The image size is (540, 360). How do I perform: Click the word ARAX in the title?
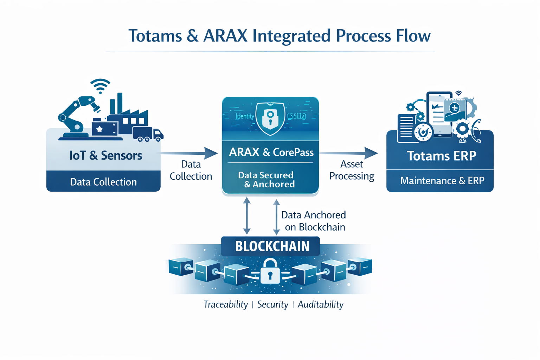tap(225, 36)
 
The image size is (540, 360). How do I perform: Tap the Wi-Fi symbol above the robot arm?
tap(100, 86)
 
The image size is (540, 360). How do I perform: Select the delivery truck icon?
tap(148, 134)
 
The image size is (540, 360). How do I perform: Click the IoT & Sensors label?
tap(105, 155)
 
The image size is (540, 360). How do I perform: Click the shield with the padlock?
tap(270, 118)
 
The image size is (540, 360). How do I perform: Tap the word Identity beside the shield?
tap(245, 116)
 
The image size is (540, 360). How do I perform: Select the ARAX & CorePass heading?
tap(271, 152)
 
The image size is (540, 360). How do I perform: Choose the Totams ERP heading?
tap(442, 156)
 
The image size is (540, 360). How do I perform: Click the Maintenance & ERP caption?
tap(442, 181)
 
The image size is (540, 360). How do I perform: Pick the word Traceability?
tap(226, 304)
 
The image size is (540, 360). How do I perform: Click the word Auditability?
tap(320, 304)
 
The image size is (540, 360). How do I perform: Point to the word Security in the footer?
tap(272, 304)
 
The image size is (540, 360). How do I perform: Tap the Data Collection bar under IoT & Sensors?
tap(103, 182)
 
